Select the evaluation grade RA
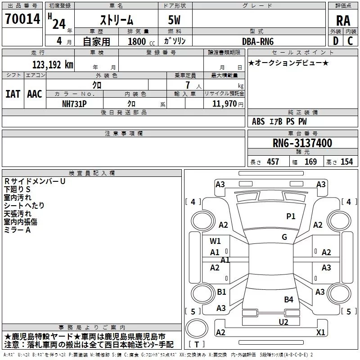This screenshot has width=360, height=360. tap(343, 20)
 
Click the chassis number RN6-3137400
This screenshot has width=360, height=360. tap(302, 143)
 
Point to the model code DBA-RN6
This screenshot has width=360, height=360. tap(257, 41)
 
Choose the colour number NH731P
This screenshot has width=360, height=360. tap(75, 103)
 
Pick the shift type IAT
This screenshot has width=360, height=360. tap(13, 94)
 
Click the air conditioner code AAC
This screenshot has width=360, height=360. tap(35, 94)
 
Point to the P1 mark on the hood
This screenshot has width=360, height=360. tap(291, 216)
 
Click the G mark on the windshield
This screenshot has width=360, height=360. tap(284, 237)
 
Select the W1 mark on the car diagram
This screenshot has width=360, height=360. tap(215, 241)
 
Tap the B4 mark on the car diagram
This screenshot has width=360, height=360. tap(288, 299)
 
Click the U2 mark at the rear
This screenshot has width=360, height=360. tap(283, 322)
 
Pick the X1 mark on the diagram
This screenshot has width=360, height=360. tap(320, 332)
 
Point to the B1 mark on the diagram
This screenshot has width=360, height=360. tap(221, 292)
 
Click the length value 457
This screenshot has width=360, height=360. tap(273, 162)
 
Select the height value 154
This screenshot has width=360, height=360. tap(346, 162)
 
